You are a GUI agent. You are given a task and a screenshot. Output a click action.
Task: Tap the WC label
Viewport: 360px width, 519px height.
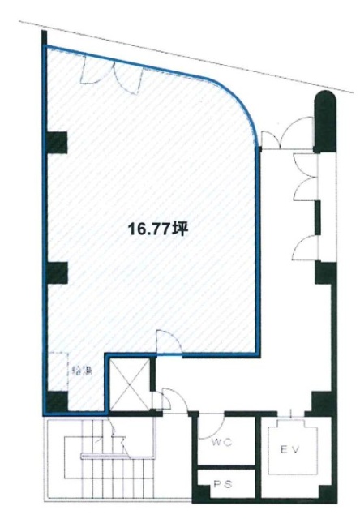click(221, 443)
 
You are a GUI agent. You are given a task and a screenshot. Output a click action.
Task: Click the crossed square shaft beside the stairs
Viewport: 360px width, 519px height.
click(128, 380)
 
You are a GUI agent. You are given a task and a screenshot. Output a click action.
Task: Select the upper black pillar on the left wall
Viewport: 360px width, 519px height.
click(56, 143)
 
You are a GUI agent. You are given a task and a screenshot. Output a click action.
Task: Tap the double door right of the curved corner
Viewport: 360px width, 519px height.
click(289, 135)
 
